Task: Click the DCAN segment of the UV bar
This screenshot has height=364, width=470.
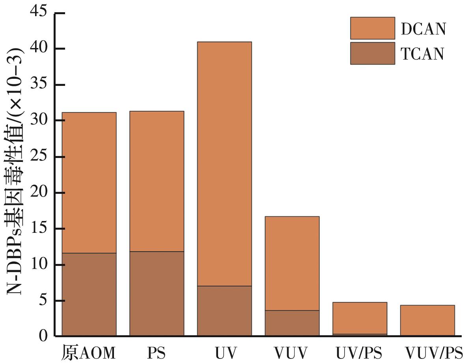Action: pyautogui.click(x=224, y=163)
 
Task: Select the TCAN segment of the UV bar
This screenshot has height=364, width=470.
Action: pyautogui.click(x=224, y=311)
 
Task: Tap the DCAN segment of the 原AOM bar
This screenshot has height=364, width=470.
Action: pyautogui.click(x=89, y=182)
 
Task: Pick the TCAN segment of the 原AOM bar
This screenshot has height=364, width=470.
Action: pyautogui.click(x=89, y=294)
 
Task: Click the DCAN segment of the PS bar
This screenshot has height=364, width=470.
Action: pyautogui.click(x=157, y=181)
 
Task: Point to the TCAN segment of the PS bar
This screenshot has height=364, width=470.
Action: pyautogui.click(x=157, y=293)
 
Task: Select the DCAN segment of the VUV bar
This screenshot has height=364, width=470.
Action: pyautogui.click(x=292, y=263)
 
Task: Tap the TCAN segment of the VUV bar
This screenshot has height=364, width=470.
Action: pyautogui.click(x=292, y=323)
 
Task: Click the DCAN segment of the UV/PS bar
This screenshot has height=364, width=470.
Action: pyautogui.click(x=360, y=318)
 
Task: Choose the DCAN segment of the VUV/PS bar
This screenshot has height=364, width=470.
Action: pyautogui.click(x=427, y=320)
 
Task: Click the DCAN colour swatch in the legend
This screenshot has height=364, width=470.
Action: pyautogui.click(x=372, y=28)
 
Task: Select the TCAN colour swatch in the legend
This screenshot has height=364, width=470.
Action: pyautogui.click(x=372, y=53)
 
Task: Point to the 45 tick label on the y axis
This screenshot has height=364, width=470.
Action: pyautogui.click(x=38, y=13)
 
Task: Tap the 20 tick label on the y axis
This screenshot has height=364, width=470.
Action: pyautogui.click(x=38, y=193)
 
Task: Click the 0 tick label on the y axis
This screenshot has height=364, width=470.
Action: pyautogui.click(x=43, y=336)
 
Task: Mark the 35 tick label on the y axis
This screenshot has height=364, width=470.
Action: pyautogui.click(x=38, y=85)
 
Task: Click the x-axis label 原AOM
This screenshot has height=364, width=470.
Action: pyautogui.click(x=88, y=353)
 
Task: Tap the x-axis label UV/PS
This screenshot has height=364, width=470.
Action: pyautogui.click(x=359, y=353)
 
